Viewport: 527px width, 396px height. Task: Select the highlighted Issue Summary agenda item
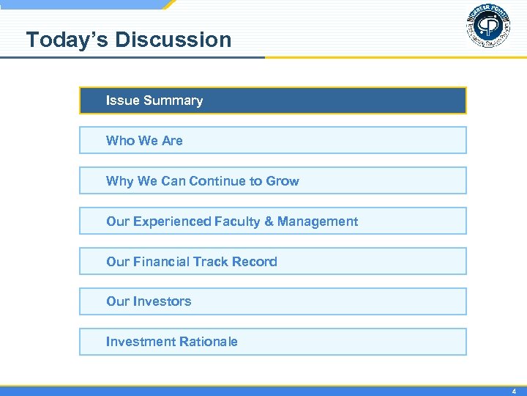coord(272,100)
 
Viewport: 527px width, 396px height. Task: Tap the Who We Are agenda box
coord(272,140)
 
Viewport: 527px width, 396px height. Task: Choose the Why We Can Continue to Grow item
coord(272,180)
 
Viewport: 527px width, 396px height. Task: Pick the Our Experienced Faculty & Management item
coord(272,221)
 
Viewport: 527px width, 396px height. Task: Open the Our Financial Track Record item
coord(272,261)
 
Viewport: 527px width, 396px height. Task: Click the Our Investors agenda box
coord(272,301)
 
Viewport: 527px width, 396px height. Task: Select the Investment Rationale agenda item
coord(272,342)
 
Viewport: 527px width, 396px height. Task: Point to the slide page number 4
coord(514,392)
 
